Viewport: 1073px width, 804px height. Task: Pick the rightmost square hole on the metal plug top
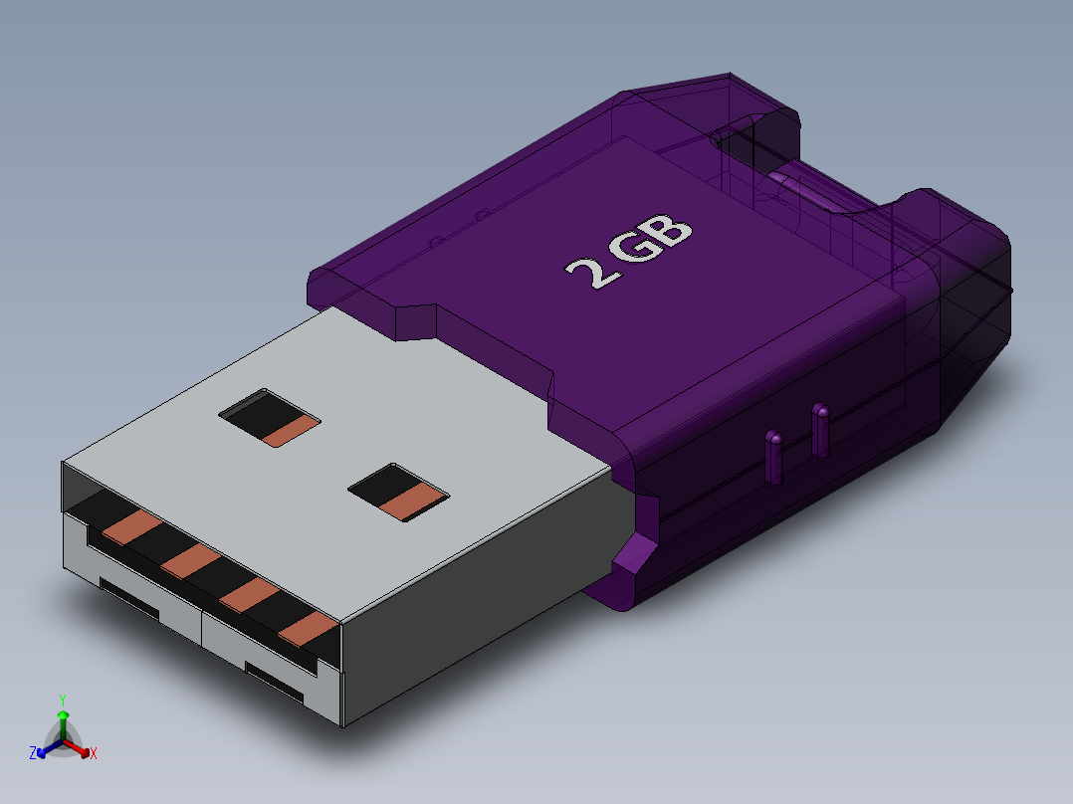(x=398, y=493)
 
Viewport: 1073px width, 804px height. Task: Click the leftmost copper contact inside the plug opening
(x=129, y=528)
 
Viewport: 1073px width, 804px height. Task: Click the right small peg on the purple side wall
(x=820, y=430)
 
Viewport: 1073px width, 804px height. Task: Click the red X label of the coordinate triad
(x=94, y=754)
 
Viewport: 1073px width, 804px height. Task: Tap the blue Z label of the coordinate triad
(x=33, y=753)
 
